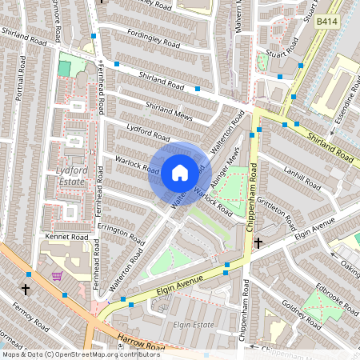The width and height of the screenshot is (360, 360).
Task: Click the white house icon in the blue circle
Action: click(x=180, y=172)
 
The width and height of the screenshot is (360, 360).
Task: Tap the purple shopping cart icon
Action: click(x=57, y=276)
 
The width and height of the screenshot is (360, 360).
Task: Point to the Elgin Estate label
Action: click(x=188, y=326)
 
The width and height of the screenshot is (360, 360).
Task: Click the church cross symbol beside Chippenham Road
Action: click(x=258, y=242)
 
